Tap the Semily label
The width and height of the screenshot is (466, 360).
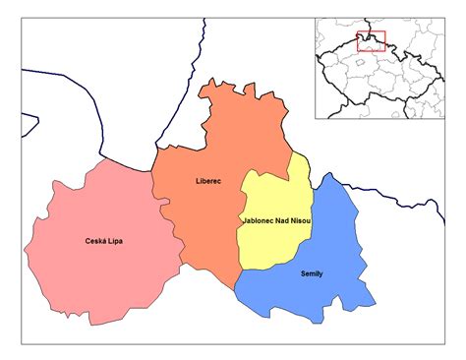coord(311,272)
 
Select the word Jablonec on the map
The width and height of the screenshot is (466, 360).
coord(259,222)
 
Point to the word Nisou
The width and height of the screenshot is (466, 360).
coord(300,222)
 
